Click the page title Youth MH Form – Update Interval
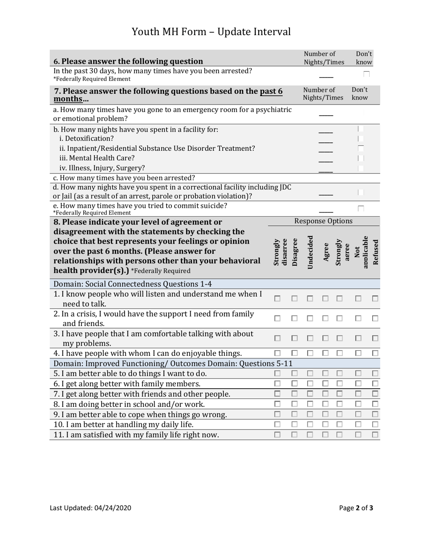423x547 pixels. click(x=211, y=32)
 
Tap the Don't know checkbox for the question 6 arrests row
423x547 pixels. click(x=366, y=75)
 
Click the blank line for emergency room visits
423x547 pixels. click(x=325, y=115)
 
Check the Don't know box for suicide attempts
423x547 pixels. click(x=361, y=208)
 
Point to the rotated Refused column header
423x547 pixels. click(x=375, y=252)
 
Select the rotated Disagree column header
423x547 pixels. click(x=294, y=252)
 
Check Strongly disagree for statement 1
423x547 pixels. click(x=277, y=299)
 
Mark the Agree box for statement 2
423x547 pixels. click(x=325, y=318)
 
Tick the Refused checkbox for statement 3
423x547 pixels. click(x=375, y=338)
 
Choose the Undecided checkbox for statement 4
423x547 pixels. click(x=310, y=353)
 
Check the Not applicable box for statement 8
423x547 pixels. click(x=358, y=404)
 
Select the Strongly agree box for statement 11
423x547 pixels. click(x=339, y=434)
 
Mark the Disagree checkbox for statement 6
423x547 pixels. click(x=294, y=383)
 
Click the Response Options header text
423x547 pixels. click(x=323, y=221)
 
